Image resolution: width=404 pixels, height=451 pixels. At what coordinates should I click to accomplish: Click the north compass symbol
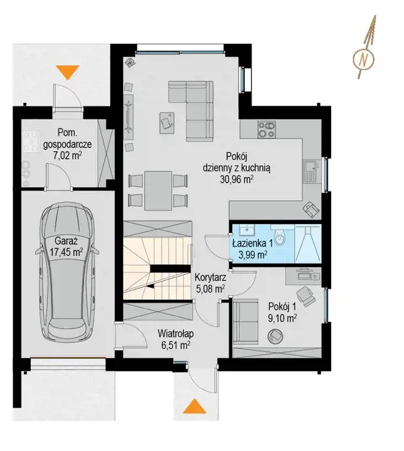pyautogui.click(x=363, y=60)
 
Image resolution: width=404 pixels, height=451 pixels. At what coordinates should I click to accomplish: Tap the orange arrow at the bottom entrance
pyautogui.click(x=195, y=406)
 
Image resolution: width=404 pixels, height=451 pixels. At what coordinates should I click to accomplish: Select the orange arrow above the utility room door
pyautogui.click(x=67, y=72)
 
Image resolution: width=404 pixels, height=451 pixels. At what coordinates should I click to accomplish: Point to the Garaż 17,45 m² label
pyautogui.click(x=66, y=247)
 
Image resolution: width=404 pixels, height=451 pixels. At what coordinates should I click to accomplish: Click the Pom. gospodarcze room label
pyautogui.click(x=67, y=139)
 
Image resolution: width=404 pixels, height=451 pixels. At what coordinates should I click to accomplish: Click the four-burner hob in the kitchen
pyautogui.click(x=267, y=129)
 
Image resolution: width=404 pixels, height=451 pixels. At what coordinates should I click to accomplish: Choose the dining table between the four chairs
pyautogui.click(x=158, y=191)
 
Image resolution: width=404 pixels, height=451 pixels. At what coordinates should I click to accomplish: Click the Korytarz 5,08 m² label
pyautogui.click(x=210, y=283)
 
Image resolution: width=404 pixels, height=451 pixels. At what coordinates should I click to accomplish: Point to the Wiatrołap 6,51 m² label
pyautogui.click(x=176, y=339)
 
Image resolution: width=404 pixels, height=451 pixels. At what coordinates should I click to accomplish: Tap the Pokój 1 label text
pyautogui.click(x=282, y=307)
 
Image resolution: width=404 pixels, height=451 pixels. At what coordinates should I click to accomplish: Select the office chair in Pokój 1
pyautogui.click(x=306, y=295)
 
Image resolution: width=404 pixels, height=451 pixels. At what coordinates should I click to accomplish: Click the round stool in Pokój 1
pyautogui.click(x=275, y=336)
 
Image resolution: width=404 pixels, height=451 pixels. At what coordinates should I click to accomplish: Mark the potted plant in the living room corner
pyautogui.click(x=130, y=62)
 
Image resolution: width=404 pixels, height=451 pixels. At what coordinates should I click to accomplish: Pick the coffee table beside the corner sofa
pyautogui.click(x=167, y=123)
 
